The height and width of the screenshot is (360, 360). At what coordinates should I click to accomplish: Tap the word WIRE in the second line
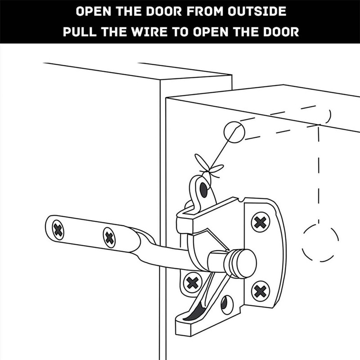click(x=156, y=33)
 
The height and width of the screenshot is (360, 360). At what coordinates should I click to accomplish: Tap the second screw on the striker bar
click(x=109, y=237)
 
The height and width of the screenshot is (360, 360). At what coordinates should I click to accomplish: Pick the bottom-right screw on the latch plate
click(x=261, y=291)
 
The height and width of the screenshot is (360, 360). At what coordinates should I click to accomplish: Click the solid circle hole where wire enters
click(x=234, y=132)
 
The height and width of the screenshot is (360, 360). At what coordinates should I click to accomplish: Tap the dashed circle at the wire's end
click(x=320, y=243)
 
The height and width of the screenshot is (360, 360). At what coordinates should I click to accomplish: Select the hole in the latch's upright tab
click(x=203, y=189)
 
